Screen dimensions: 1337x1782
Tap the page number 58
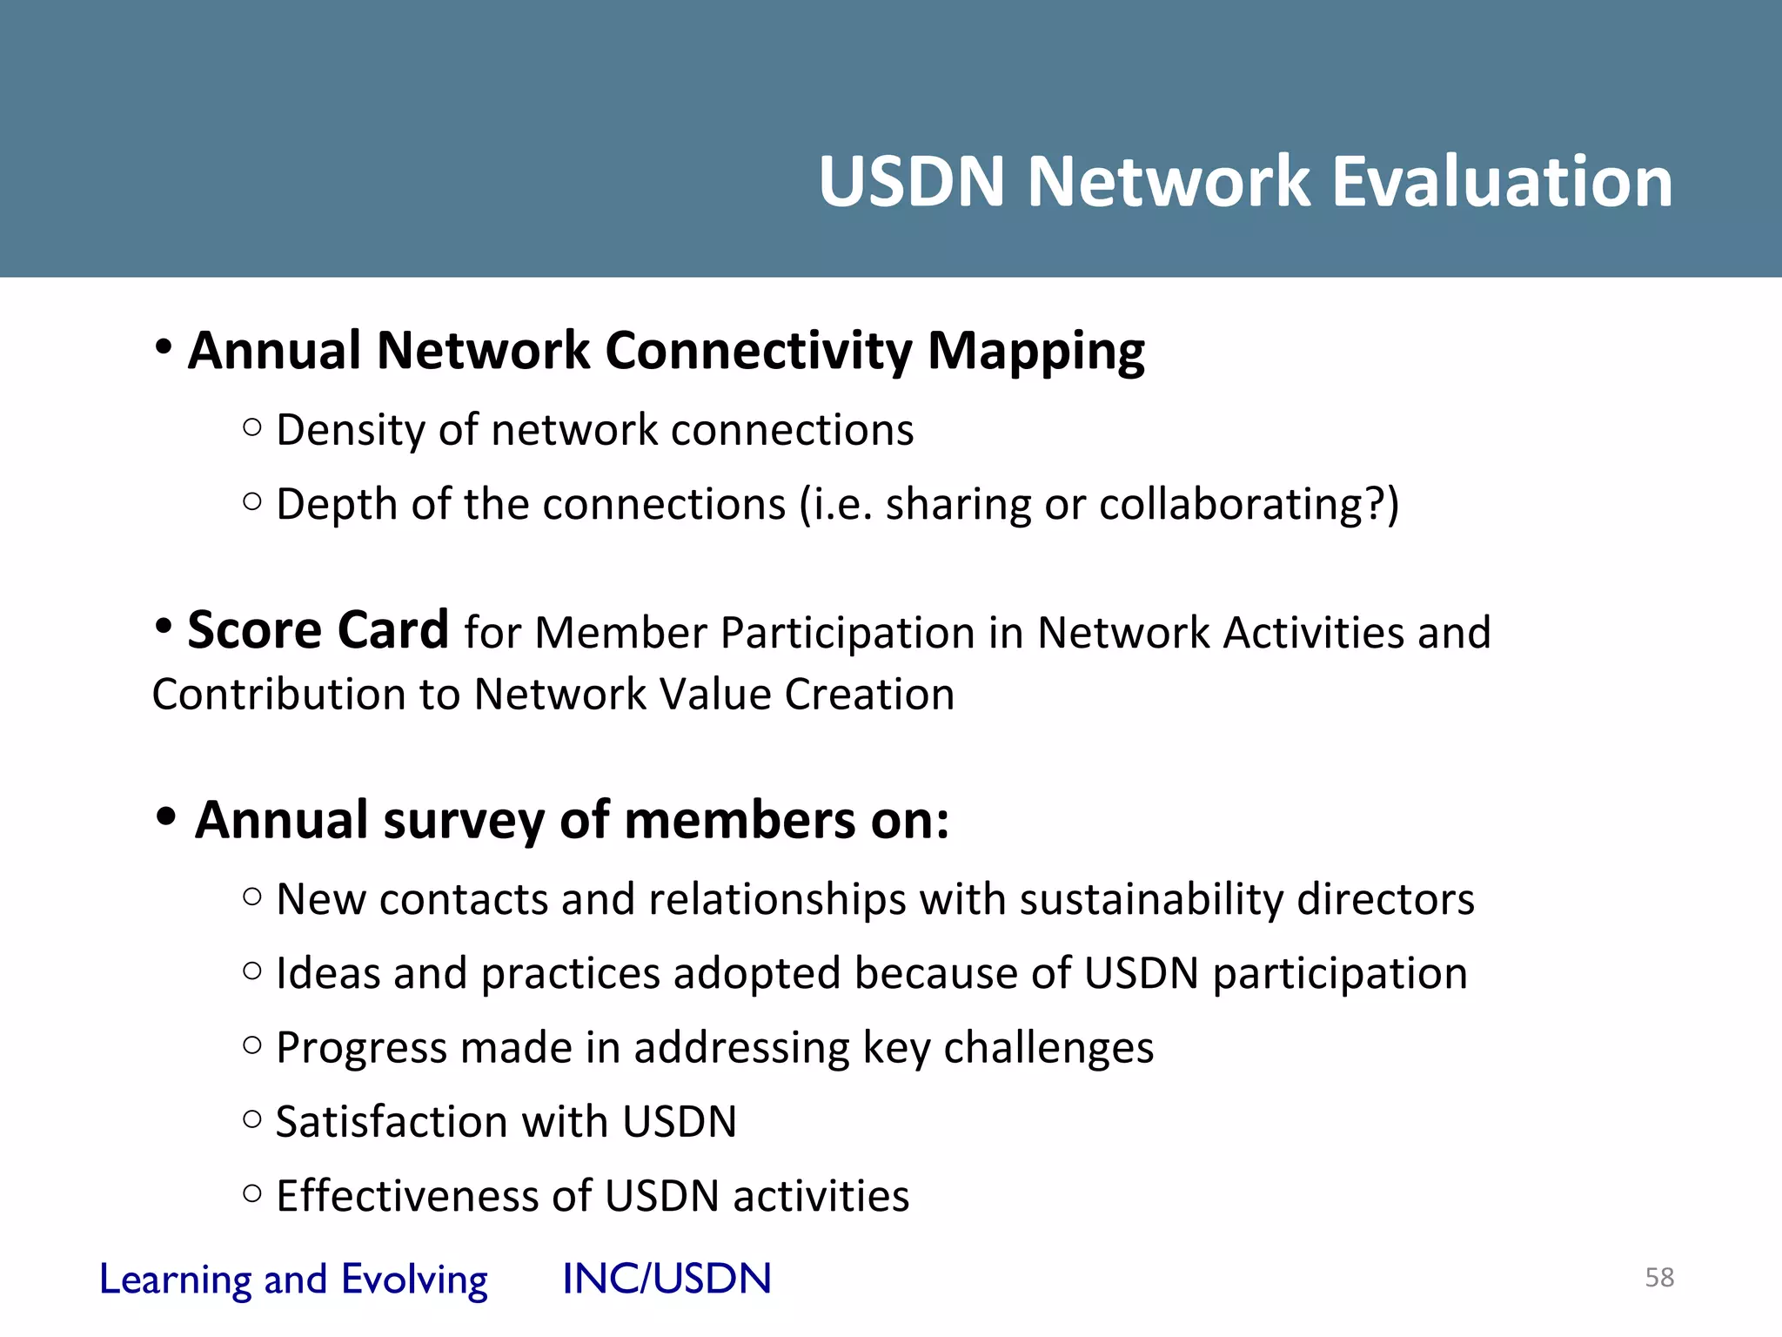coord(1659,1277)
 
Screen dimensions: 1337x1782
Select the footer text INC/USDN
coord(667,1279)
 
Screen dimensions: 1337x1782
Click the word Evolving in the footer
coord(414,1280)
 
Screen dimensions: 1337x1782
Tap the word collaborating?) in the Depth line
coord(1249,505)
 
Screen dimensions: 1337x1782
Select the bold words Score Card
coord(318,630)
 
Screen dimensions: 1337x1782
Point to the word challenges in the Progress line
coord(1048,1048)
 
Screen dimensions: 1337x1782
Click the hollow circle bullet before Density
coord(252,427)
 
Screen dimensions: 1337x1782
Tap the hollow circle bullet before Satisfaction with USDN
coord(252,1119)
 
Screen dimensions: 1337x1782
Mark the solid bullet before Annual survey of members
coord(166,817)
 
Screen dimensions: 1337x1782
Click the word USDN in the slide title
coord(912,181)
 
